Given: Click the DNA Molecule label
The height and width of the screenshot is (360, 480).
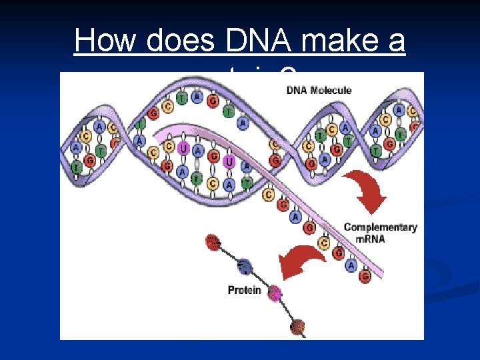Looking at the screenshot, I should click(x=319, y=90).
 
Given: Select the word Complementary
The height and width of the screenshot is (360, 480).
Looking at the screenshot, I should click(x=380, y=227).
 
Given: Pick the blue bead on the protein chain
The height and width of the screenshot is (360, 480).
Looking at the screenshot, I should click(x=245, y=267).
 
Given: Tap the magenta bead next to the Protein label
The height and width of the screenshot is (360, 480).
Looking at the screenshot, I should click(x=273, y=292).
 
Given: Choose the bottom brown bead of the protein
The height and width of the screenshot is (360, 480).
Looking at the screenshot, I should click(x=297, y=326).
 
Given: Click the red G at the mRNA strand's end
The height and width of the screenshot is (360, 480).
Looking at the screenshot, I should click(x=365, y=276).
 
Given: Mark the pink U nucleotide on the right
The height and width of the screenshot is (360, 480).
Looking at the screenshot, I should click(x=229, y=162).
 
